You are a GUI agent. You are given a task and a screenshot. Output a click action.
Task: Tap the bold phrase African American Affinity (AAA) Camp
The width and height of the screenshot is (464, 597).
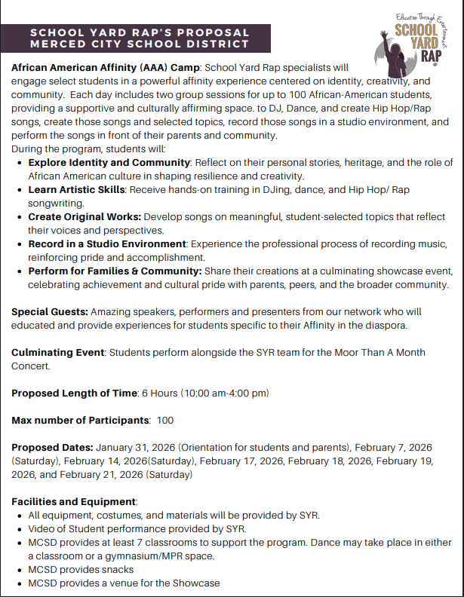106,67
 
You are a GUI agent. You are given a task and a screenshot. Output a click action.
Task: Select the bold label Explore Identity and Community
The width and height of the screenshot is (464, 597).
109,163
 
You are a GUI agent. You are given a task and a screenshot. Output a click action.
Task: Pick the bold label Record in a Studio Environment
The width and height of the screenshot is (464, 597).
107,244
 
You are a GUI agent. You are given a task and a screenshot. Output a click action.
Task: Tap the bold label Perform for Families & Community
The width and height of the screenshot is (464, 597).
115,271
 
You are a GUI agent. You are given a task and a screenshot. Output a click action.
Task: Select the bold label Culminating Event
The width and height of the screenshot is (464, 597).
57,352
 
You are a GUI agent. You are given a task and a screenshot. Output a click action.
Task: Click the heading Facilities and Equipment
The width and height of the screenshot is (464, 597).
73,501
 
